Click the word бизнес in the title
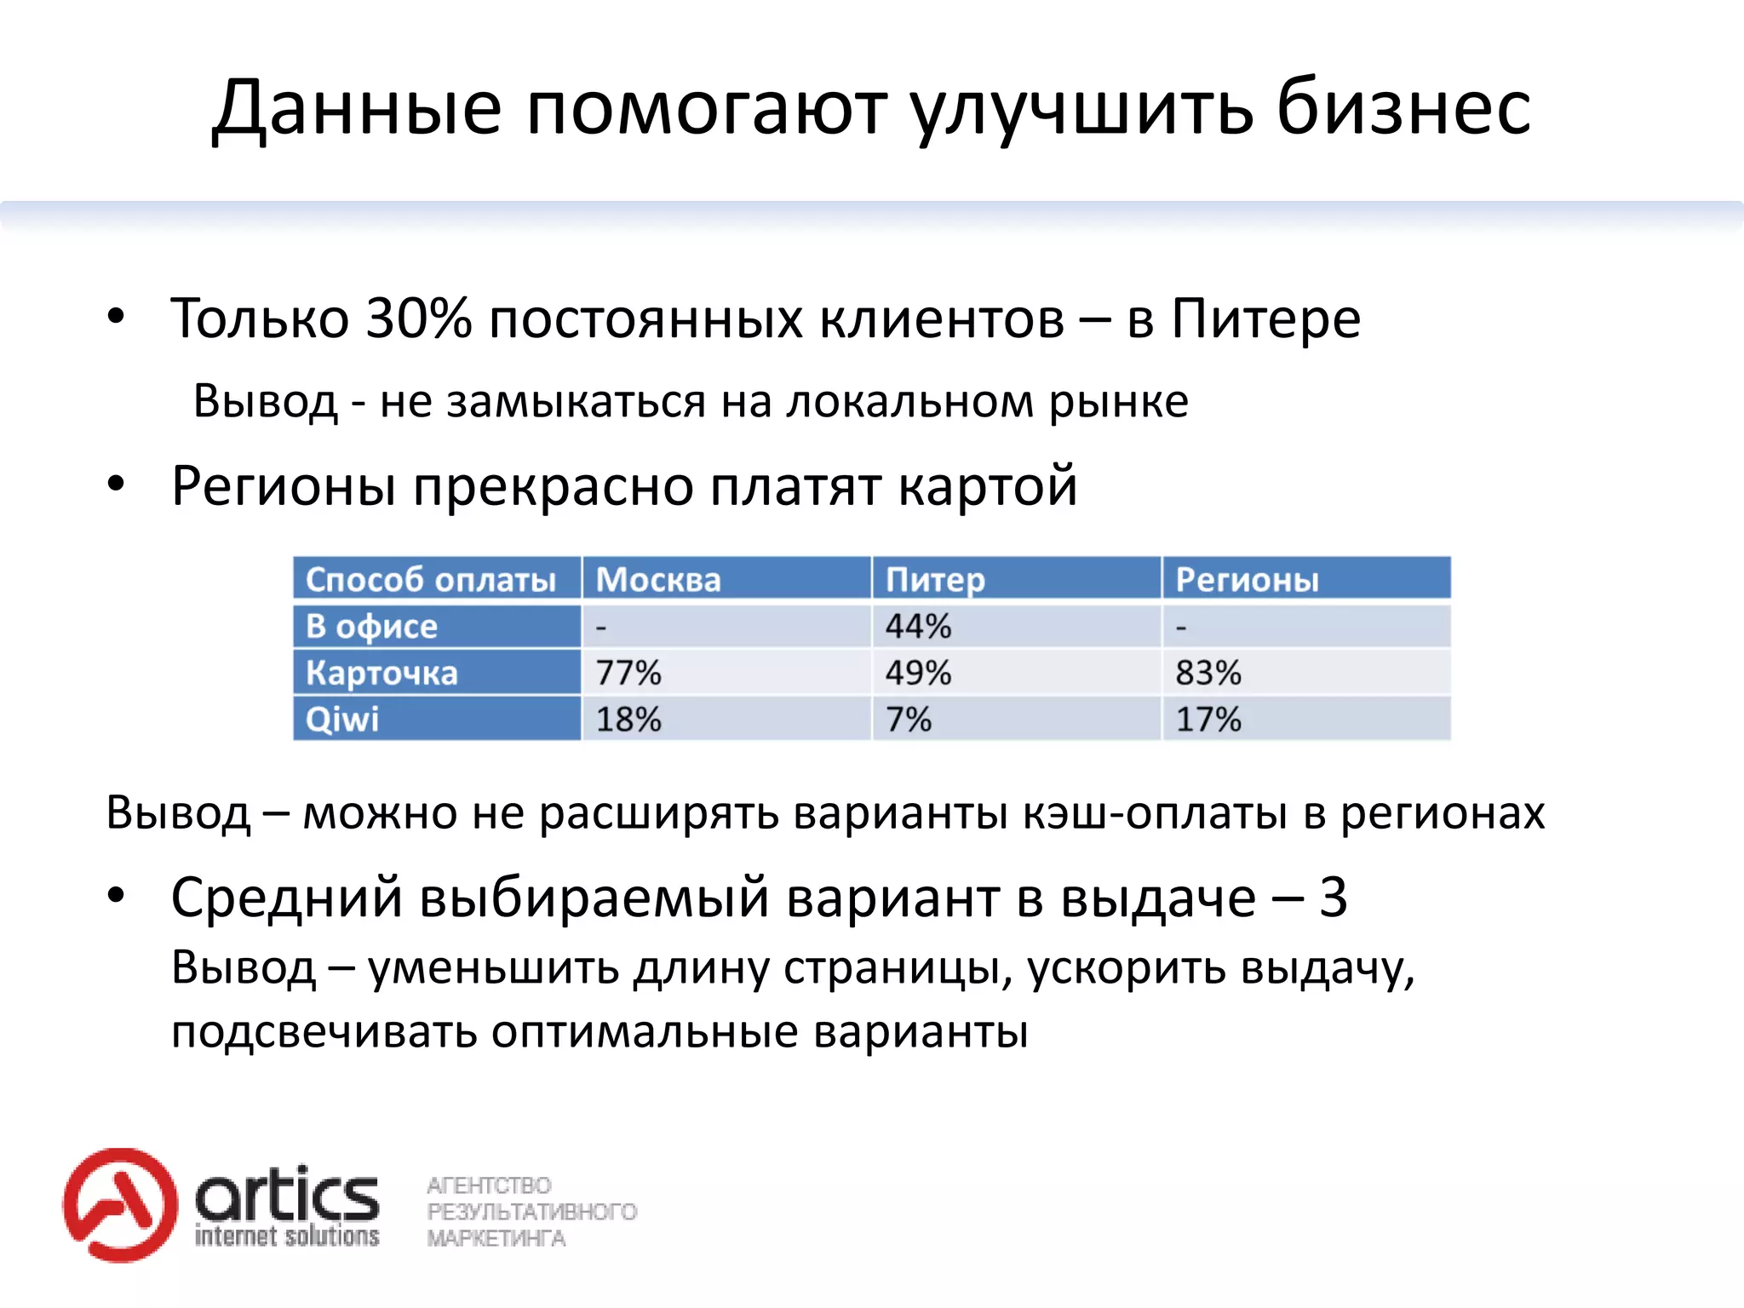1403,108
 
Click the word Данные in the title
357,110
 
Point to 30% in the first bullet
418,318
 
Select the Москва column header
658,580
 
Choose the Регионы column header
1247,580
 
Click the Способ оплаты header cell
431,580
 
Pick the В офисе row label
371,627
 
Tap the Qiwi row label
342,720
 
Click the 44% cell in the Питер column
918,627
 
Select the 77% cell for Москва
628,673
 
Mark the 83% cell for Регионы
1208,673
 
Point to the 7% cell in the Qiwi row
909,720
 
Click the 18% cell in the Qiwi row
628,720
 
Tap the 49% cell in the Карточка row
918,673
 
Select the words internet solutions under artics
287,1236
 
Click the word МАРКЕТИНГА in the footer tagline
496,1238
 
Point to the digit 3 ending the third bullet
1333,898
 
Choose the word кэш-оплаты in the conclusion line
1155,812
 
